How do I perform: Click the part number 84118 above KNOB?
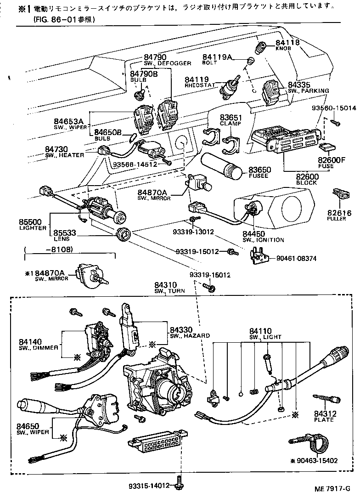(287, 43)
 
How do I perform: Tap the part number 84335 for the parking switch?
(299, 85)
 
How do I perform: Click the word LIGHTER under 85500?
(33, 228)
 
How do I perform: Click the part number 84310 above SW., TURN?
(166, 285)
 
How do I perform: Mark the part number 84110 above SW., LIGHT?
(260, 331)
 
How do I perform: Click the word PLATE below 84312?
(324, 420)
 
